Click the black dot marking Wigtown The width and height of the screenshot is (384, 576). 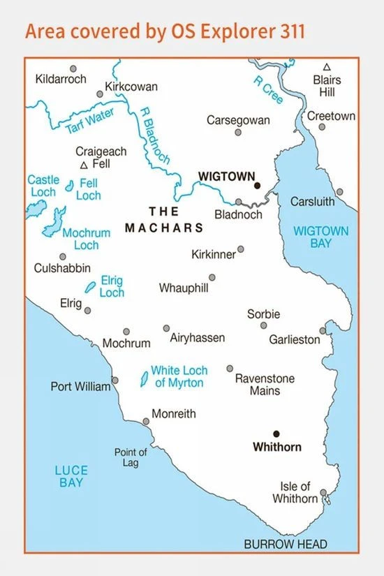[x=257, y=186]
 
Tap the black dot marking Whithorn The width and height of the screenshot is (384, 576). [x=276, y=434]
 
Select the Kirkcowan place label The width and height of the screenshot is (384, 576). [x=131, y=87]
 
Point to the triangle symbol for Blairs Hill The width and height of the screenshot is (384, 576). [x=327, y=67]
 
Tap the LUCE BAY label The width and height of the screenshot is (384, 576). [x=71, y=476]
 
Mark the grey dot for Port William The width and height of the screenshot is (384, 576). [x=115, y=381]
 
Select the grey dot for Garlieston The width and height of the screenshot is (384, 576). [x=323, y=331]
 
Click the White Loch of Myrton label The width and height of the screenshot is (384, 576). [x=177, y=376]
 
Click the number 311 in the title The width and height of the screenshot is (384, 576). [x=288, y=32]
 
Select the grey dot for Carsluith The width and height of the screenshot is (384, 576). [x=339, y=191]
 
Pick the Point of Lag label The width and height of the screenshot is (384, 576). [x=131, y=457]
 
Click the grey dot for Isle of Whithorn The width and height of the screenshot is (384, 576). [x=323, y=493]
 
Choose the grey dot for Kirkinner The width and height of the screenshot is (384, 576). [x=241, y=249]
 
